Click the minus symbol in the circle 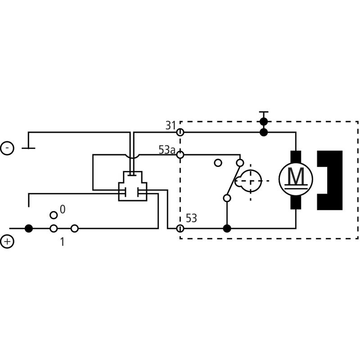[7, 148]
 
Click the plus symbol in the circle [7, 242]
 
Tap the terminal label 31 [170, 126]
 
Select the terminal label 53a [166, 150]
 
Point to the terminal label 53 [191, 219]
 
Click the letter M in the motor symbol [296, 176]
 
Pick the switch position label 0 [63, 209]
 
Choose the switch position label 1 [62, 242]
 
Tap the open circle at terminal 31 [180, 132]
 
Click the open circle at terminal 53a [180, 155]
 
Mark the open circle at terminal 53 [180, 229]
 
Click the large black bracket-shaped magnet [330, 180]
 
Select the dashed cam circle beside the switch [249, 180]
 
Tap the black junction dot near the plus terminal [29, 229]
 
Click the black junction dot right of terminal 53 [227, 229]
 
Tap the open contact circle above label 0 [54, 215]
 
